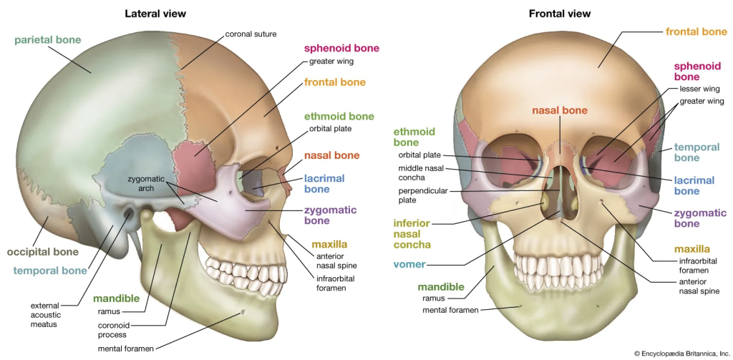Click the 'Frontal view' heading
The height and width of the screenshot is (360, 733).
coord(559,14)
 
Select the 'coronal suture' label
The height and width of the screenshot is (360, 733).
coord(251,34)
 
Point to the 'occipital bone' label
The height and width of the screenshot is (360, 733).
coord(43,252)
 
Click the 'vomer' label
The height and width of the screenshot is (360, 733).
coord(409,264)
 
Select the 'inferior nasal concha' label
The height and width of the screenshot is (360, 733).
coord(414,235)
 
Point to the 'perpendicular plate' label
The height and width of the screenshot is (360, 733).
coord(423,196)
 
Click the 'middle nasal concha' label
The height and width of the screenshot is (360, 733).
coord(422,172)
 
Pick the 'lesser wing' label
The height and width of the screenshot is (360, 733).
coord(699,89)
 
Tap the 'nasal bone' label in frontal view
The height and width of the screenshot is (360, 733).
coord(559,110)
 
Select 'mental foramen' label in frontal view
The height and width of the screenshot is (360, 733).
coord(449,310)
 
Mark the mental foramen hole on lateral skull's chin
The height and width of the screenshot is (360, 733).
coord(245,311)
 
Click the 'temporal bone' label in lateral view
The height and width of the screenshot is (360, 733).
coord(50,271)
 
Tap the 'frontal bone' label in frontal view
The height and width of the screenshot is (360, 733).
coord(696,31)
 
